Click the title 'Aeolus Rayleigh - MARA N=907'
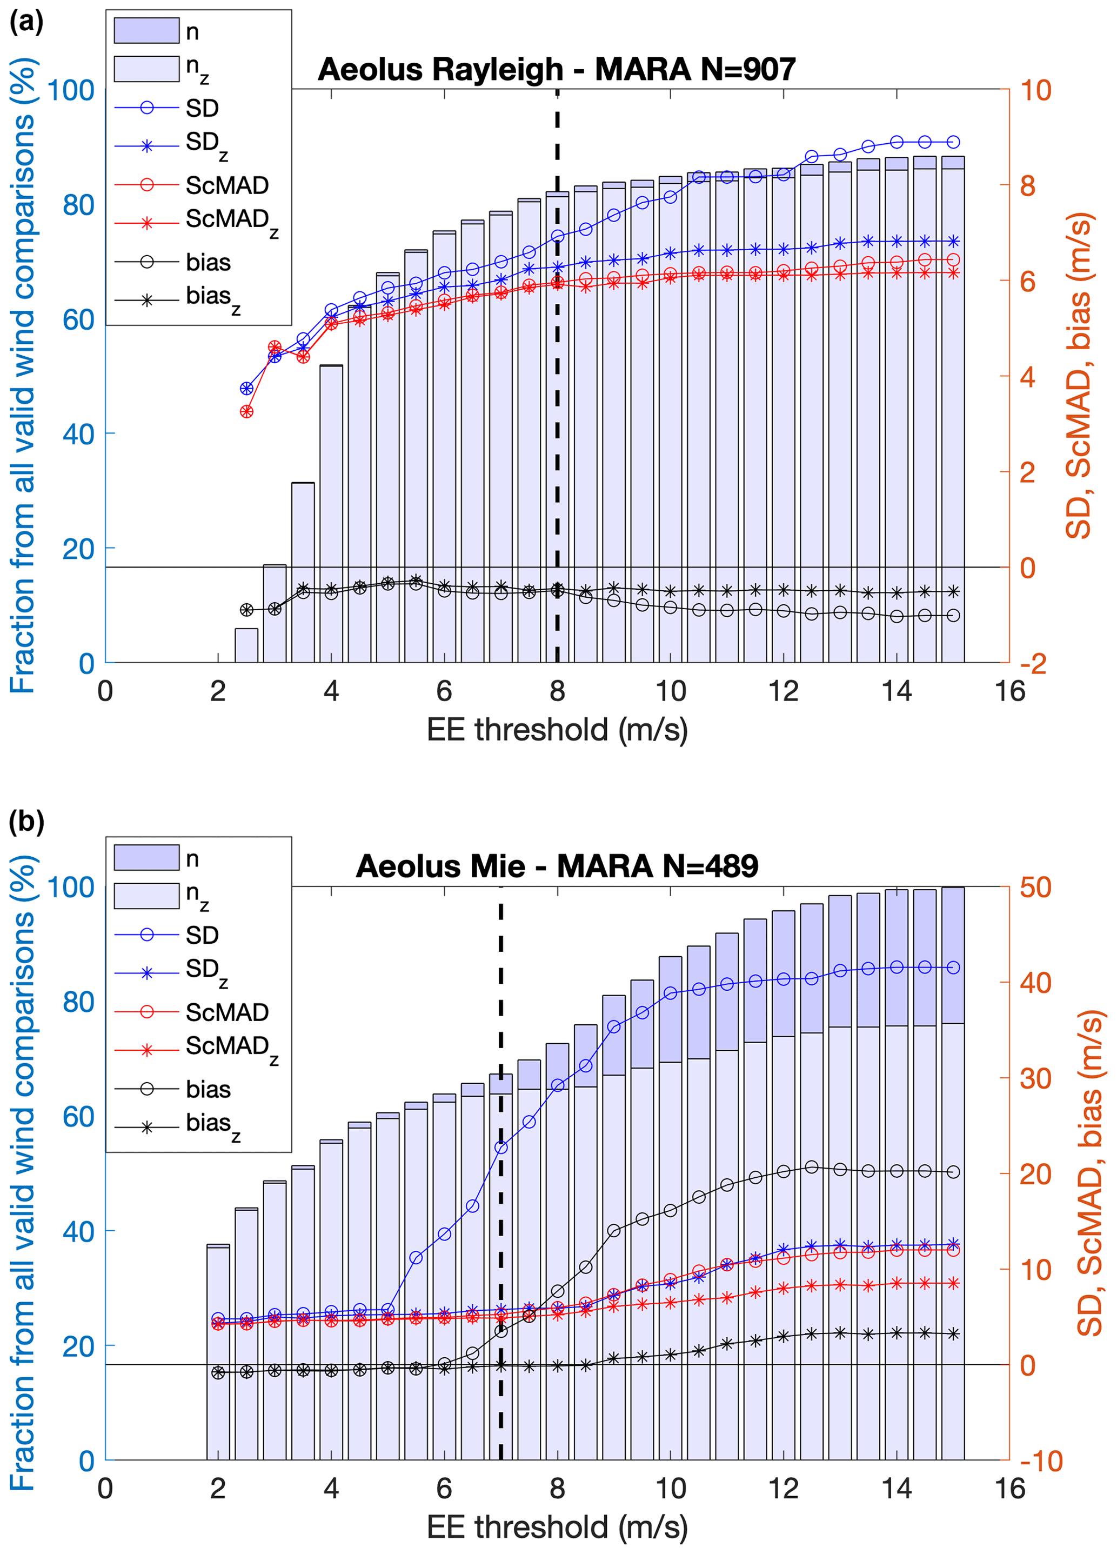point(556,70)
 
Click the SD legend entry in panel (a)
point(202,108)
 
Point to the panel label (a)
point(26,23)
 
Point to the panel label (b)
point(26,821)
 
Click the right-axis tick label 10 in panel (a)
point(1035,90)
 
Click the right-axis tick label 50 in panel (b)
point(1035,888)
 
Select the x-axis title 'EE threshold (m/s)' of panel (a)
point(556,730)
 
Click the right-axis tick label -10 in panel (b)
point(1040,1461)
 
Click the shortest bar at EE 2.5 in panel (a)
point(246,645)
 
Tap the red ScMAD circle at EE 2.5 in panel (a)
point(246,412)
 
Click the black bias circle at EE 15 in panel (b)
point(953,1172)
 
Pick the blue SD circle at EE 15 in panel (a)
point(953,142)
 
